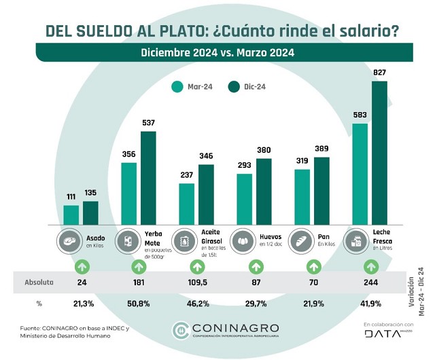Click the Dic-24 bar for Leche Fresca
379,153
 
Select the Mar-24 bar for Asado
71,215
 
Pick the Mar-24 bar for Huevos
244,199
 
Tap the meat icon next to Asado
71,241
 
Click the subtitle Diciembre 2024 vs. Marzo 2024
217,52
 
